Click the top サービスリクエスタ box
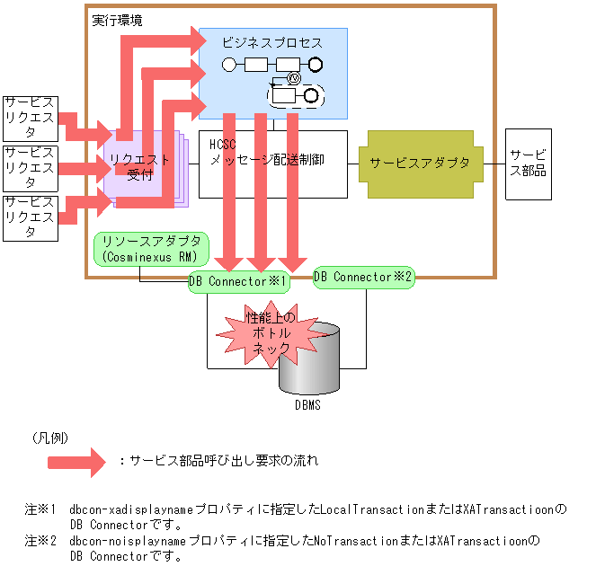click(x=31, y=116)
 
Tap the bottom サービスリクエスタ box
click(x=31, y=217)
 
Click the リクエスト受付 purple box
click(x=139, y=167)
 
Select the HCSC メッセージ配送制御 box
click(x=271, y=164)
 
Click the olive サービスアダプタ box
click(x=419, y=164)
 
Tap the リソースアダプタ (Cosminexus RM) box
click(x=151, y=249)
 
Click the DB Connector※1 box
click(x=239, y=281)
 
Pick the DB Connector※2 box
click(x=364, y=277)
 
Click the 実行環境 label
click(x=116, y=20)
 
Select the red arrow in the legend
click(x=76, y=461)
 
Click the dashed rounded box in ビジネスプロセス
click(x=295, y=94)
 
